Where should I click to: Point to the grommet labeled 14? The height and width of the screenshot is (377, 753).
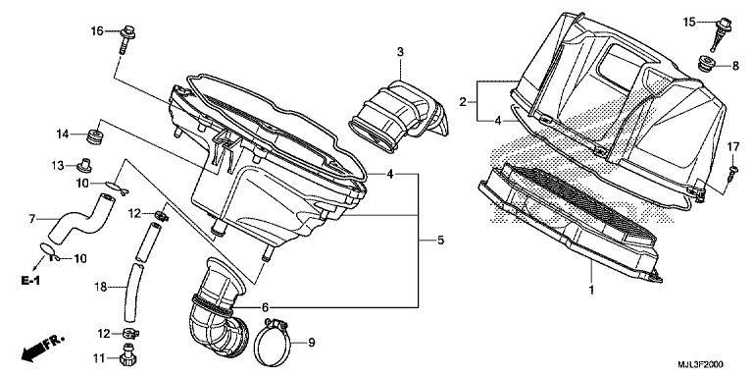[x=96, y=135]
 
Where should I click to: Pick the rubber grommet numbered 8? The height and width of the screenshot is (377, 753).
[x=706, y=64]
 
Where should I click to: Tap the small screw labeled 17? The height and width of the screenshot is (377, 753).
[x=732, y=173]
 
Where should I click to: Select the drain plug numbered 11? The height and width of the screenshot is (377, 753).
[x=128, y=354]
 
